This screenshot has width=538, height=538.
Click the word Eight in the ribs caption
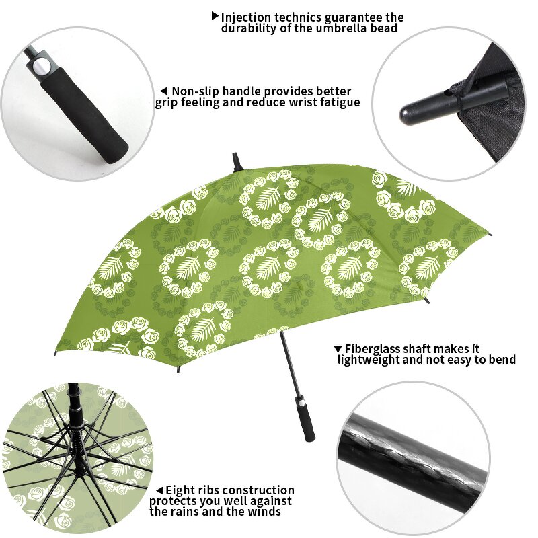pos(180,490)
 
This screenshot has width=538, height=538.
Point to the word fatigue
pos(336,102)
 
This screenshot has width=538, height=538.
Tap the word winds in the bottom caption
pos(264,512)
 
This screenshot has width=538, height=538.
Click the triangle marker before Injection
pos(215,15)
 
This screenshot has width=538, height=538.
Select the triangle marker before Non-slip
pos(163,91)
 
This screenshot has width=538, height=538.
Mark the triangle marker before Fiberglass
pos(338,349)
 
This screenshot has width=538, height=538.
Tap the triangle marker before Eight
pos(159,491)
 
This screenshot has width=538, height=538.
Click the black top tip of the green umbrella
pos(236,161)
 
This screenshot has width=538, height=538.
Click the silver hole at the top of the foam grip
pos(41,65)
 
